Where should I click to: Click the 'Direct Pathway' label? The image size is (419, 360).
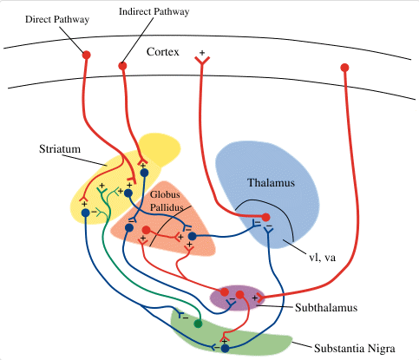57,19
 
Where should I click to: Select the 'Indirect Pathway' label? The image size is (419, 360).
154,11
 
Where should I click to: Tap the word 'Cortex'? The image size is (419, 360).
163,52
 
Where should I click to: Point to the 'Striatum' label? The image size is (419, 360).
60,149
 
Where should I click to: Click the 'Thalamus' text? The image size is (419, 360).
272,183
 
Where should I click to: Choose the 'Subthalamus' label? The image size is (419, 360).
326,307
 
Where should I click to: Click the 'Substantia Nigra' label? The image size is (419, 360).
355,348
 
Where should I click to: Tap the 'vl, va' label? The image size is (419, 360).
323,257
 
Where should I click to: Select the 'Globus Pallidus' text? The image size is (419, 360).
166,200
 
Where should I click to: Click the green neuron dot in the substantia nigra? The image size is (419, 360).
198,324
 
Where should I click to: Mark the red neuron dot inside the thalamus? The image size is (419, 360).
265,217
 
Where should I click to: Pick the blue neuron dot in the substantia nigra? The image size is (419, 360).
225,349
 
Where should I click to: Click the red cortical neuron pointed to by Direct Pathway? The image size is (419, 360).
87,55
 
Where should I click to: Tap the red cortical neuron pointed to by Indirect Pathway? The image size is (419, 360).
122,66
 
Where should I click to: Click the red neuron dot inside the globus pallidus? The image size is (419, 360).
147,230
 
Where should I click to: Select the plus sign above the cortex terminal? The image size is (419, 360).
202,53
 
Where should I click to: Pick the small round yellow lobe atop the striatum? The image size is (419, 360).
160,148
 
